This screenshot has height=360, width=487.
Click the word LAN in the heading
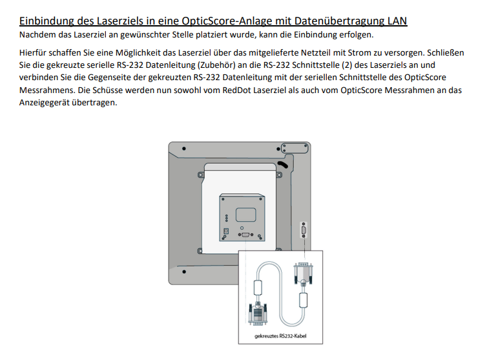[397, 21]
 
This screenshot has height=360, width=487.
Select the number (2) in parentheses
[347, 65]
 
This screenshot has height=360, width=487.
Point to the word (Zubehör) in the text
[216, 65]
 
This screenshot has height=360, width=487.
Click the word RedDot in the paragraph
[236, 90]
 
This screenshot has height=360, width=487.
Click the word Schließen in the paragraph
[446, 53]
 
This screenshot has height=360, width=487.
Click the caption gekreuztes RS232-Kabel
[280, 336]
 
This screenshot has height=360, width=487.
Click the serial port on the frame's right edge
[304, 230]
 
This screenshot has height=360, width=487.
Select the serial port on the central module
[245, 235]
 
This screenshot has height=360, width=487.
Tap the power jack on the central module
[227, 231]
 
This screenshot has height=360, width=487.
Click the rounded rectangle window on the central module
[245, 215]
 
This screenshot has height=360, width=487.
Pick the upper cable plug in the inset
[303, 273]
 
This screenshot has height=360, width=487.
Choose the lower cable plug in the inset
[258, 314]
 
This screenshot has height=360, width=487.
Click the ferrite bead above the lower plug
[258, 288]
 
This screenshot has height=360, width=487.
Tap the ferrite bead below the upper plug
[304, 300]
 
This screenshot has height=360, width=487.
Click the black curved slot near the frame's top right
[283, 164]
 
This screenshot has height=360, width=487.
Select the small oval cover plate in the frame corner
[295, 148]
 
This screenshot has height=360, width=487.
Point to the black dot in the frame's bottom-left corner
[184, 271]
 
